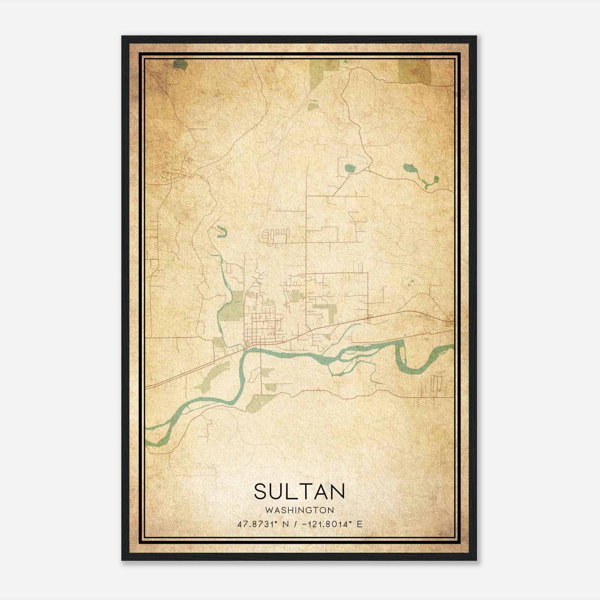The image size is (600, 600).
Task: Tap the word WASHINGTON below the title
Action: tap(299, 510)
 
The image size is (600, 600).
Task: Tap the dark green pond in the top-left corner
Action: tap(180, 65)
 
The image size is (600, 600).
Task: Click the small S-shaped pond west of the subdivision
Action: tap(222, 232)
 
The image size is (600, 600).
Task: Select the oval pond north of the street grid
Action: tap(349, 168)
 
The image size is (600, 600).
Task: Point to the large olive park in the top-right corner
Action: tap(414, 71)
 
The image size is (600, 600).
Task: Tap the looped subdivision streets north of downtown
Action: tap(276, 237)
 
